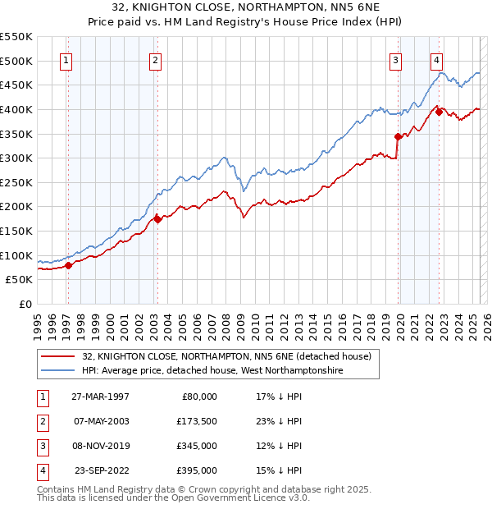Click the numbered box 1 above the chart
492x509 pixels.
[65, 59]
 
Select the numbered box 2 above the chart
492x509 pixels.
[155, 59]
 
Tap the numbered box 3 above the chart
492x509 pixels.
[395, 59]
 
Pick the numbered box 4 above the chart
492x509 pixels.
[437, 59]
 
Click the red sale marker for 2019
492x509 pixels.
[398, 136]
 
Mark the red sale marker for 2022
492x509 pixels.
[440, 112]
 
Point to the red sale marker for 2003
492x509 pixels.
[157, 219]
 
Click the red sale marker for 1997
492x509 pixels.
[69, 264]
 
